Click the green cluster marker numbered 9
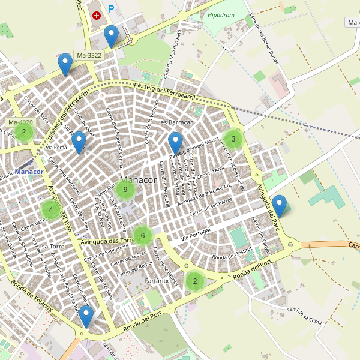pos(125,190)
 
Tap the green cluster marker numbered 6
pos(142,235)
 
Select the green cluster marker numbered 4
pos(51,209)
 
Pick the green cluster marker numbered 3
pos(233,139)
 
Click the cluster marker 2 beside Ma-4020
pos(23,131)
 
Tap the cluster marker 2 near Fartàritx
pos(194,280)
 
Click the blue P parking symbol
pos(111,9)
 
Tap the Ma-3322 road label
pos(89,55)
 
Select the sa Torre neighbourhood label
pos(53,246)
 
